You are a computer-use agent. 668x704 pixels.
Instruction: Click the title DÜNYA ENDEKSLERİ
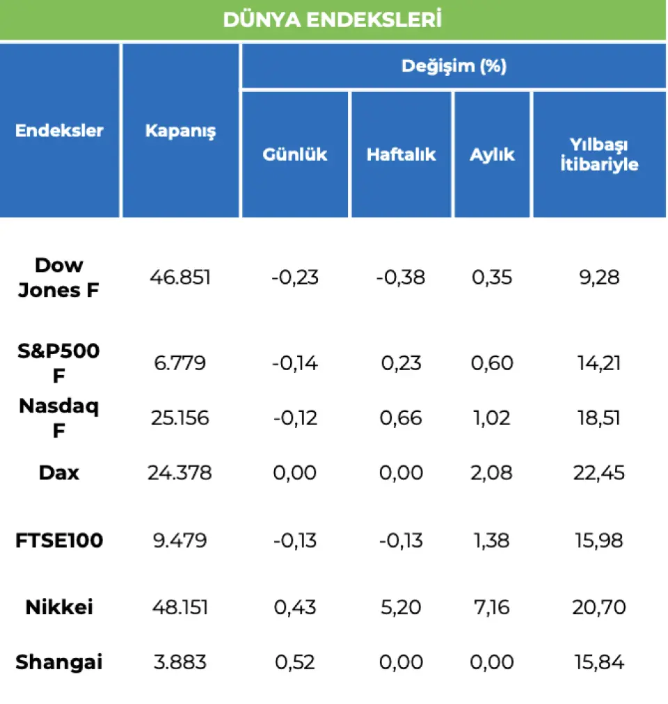coord(333,19)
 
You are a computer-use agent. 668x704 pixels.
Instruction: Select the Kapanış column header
coord(180,131)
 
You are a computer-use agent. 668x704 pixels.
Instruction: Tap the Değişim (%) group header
coord(454,67)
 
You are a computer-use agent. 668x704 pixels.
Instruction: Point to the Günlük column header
coord(295,154)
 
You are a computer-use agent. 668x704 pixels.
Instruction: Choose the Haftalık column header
coord(401,154)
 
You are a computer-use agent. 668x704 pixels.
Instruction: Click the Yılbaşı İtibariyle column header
coord(599,154)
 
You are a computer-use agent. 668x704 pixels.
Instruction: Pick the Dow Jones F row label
coord(58,278)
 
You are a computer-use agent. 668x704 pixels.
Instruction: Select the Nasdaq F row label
coord(58,418)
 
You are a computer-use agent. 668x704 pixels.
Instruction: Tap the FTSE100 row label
coord(59,541)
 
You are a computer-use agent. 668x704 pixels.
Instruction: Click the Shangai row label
coord(59,662)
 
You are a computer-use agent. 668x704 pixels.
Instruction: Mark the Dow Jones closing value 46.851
coord(180,278)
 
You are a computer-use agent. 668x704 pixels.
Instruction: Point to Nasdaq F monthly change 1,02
coord(491,418)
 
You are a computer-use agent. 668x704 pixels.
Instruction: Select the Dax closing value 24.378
coord(180,473)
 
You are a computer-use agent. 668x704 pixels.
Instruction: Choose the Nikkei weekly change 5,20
coord(401,607)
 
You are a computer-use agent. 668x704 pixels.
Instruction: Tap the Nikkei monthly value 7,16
coord(491,607)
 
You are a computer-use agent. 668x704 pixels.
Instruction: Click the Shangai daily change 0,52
coord(295,662)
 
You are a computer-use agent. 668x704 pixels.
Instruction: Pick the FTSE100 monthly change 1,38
coord(491,541)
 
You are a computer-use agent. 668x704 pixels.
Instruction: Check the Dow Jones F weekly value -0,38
coord(401,278)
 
